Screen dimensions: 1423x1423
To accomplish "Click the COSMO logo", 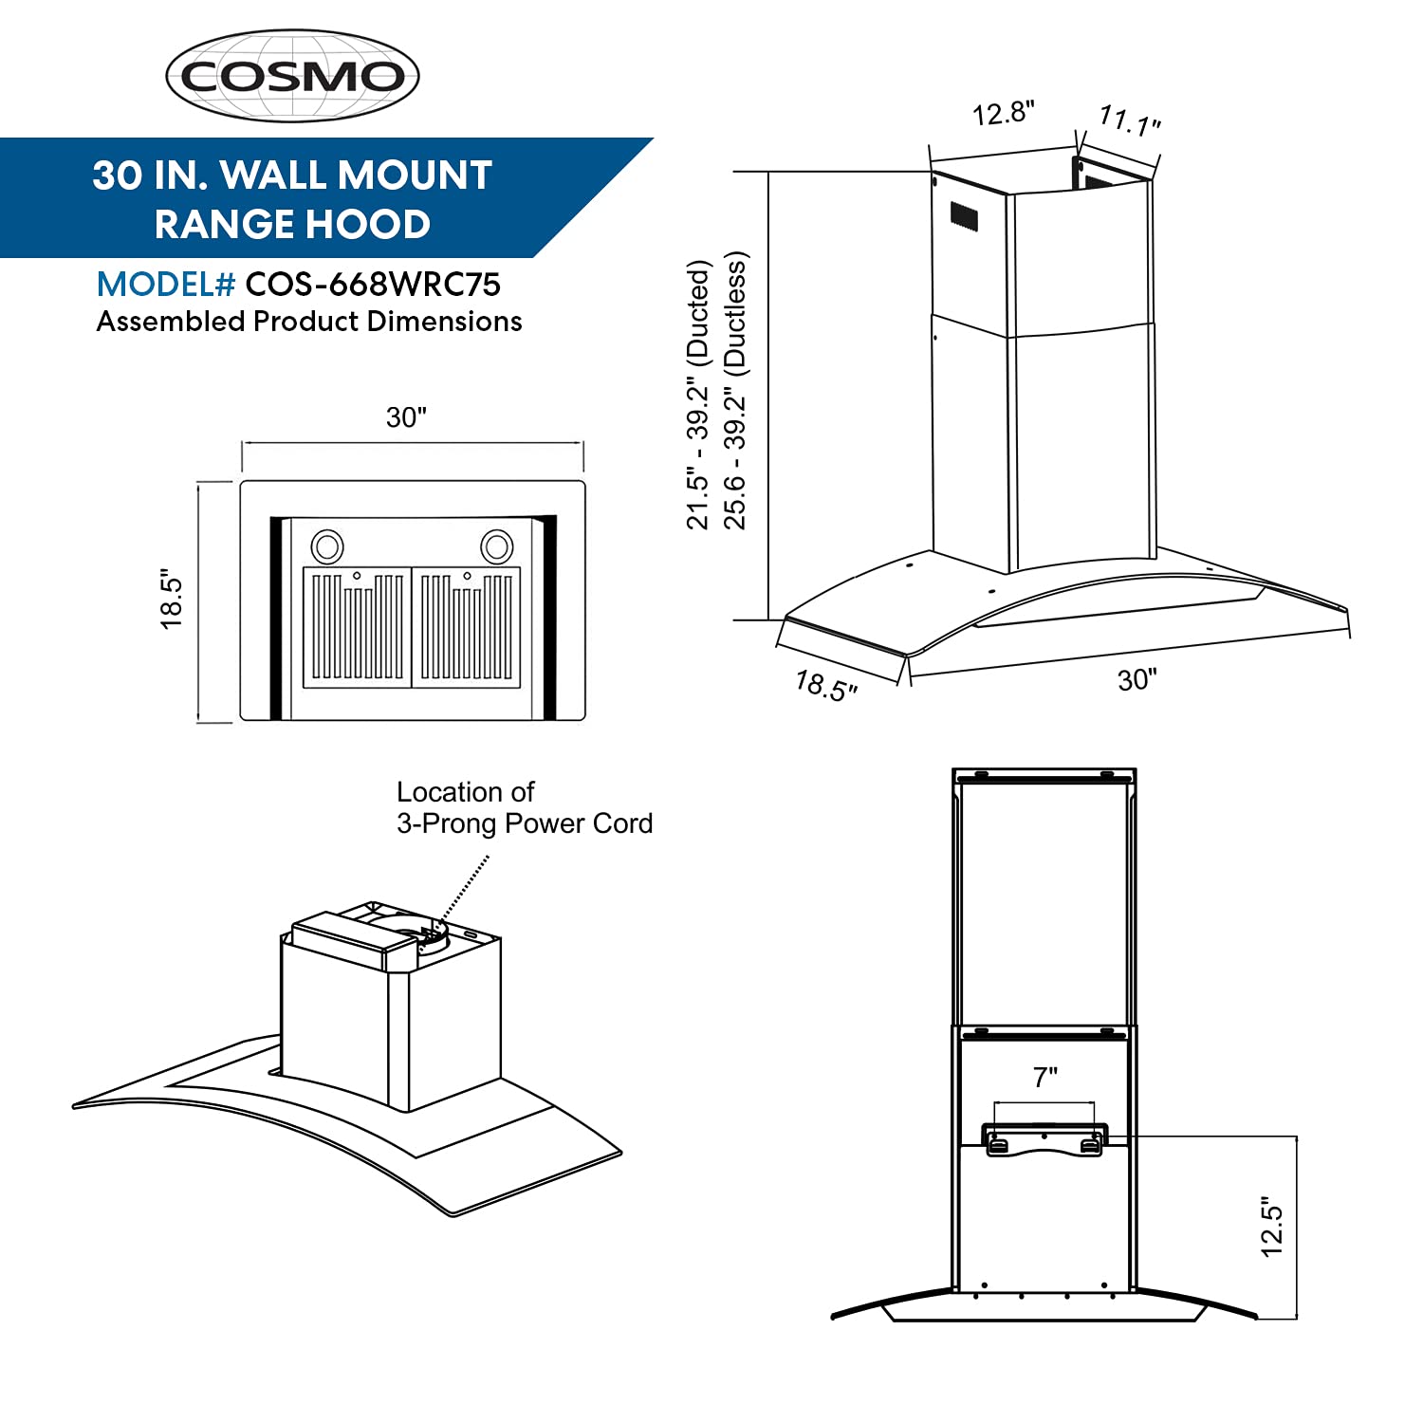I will (x=292, y=76).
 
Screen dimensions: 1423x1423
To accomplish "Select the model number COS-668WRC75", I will (x=373, y=285).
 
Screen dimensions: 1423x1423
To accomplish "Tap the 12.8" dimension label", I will (x=1003, y=114).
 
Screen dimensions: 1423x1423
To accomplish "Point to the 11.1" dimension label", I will (x=1130, y=120).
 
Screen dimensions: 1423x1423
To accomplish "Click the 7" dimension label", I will (x=1045, y=1078).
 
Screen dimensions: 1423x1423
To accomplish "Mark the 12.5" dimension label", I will (x=1272, y=1227).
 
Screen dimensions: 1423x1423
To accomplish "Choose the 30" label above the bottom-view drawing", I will (x=407, y=417).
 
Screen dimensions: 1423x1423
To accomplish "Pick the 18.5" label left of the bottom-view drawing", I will (x=172, y=600).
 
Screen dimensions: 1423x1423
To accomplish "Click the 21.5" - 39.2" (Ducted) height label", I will (x=698, y=395).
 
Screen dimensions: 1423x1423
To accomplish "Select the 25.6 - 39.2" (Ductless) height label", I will (x=735, y=390).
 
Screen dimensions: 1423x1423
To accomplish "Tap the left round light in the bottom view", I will (x=327, y=545).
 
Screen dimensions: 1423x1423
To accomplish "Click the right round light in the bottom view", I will (x=496, y=545).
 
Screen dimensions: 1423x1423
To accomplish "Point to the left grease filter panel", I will (x=358, y=627).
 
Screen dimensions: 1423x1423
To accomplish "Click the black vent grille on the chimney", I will (x=964, y=217).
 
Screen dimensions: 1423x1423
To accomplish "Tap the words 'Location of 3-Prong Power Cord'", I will (x=524, y=807).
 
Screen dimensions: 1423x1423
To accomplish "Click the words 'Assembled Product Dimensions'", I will (x=309, y=322).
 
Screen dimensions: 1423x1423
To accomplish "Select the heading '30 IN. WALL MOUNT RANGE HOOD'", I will (x=292, y=199).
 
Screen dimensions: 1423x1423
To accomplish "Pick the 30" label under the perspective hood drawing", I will (x=1137, y=680).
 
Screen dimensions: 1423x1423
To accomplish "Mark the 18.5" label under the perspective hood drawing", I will (x=826, y=685).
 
